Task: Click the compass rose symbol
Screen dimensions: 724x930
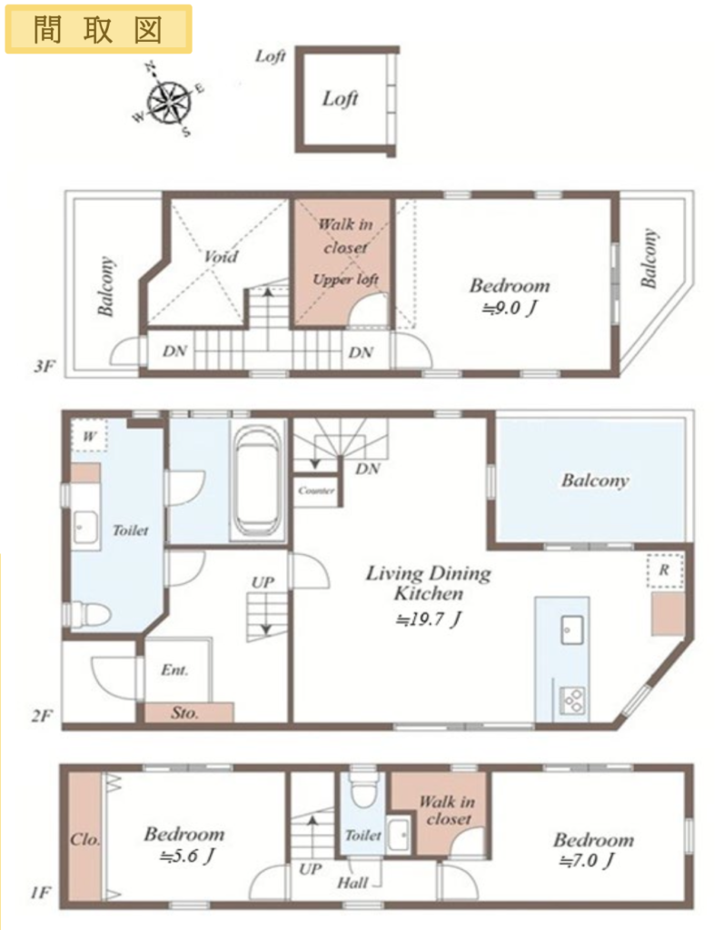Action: click(169, 101)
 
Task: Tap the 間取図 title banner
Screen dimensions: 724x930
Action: click(98, 29)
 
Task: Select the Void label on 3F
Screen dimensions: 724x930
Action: click(221, 257)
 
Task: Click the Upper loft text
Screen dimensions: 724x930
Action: click(346, 280)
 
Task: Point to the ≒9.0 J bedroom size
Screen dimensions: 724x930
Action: click(510, 309)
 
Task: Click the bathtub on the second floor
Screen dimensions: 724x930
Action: click(258, 481)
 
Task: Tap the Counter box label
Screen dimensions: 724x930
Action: click(317, 490)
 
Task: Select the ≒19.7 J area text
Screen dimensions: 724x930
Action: click(429, 619)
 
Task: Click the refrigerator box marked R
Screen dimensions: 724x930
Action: click(664, 570)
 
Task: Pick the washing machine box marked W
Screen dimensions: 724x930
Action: click(89, 437)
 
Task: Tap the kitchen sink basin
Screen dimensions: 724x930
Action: click(572, 628)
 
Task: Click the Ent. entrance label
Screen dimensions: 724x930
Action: click(174, 670)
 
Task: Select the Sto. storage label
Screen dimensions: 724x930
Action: click(184, 712)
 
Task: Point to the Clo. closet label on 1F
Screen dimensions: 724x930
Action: click(84, 840)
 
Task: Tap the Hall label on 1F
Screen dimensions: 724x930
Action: click(352, 883)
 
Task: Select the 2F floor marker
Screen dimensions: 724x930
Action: click(42, 716)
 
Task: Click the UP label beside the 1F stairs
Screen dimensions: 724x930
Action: click(311, 869)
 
